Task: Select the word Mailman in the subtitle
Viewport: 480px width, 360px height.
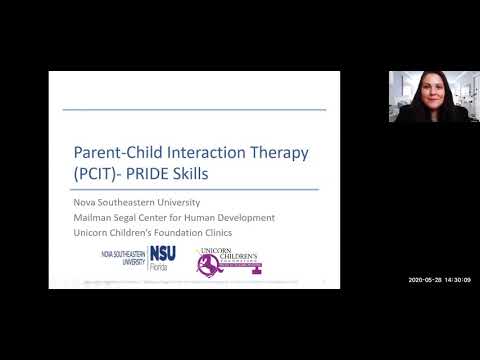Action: pyautogui.click(x=98, y=218)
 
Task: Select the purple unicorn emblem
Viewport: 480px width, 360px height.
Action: pyautogui.click(x=209, y=265)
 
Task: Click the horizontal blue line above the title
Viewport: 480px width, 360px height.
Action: pyautogui.click(x=194, y=110)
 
